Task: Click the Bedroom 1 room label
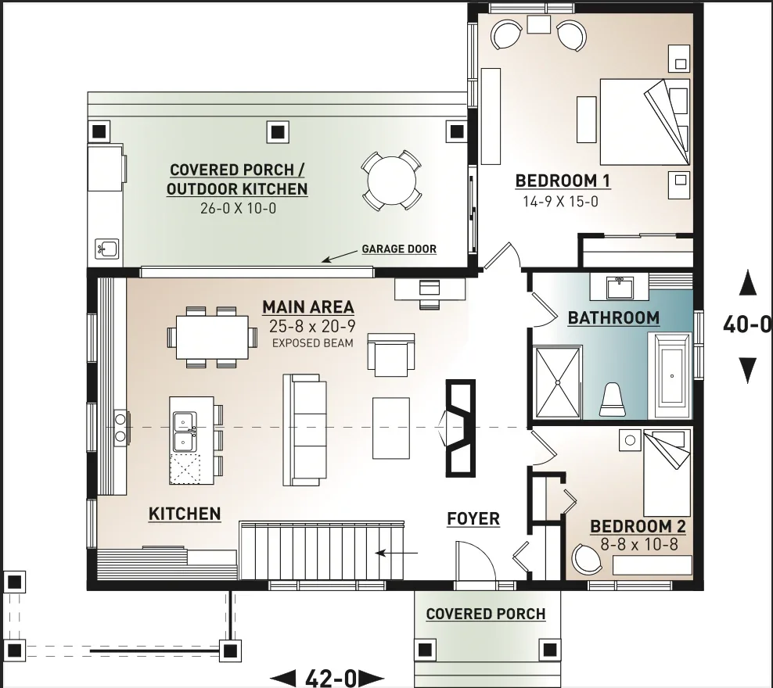563,181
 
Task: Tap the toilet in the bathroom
613,400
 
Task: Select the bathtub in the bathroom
672,376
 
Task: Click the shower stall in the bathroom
558,382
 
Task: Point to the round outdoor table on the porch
391,181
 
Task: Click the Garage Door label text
399,249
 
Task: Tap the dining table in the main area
212,337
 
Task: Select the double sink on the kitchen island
185,432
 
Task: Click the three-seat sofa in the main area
304,430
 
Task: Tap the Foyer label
473,518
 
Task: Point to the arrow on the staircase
397,553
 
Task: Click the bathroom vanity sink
619,288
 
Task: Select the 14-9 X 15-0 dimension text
560,202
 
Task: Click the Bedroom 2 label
638,526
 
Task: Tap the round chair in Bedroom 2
587,560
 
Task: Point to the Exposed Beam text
312,343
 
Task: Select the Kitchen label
185,514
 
